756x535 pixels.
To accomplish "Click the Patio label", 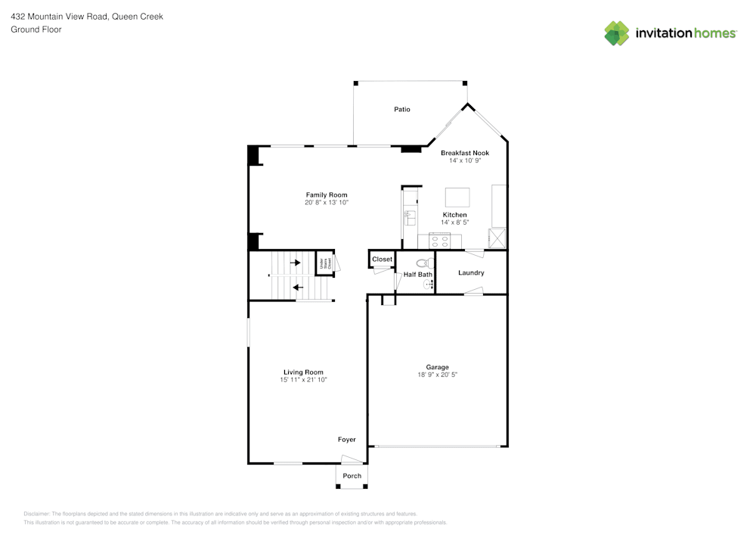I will [402, 110].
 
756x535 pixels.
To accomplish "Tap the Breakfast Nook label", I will [465, 153].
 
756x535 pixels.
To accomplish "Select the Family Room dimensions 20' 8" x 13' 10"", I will [327, 203].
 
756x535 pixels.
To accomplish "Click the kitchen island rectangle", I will [457, 198].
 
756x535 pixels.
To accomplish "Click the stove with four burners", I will [440, 242].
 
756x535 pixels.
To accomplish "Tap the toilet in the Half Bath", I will [421, 263].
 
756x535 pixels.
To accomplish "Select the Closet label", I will [383, 260].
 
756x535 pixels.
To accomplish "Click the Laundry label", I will [471, 272].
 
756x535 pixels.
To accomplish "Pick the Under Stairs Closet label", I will [325, 263].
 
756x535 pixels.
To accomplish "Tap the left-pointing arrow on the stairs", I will [298, 288].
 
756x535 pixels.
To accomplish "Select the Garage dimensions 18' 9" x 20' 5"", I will [438, 375].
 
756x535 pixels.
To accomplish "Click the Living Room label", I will [303, 372].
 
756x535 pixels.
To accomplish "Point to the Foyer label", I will [346, 440].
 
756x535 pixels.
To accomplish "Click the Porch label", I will [352, 476].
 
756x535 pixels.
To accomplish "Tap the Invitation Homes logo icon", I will [617, 33].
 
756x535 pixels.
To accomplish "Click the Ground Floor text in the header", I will [36, 30].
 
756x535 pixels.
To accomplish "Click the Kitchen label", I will [454, 215].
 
